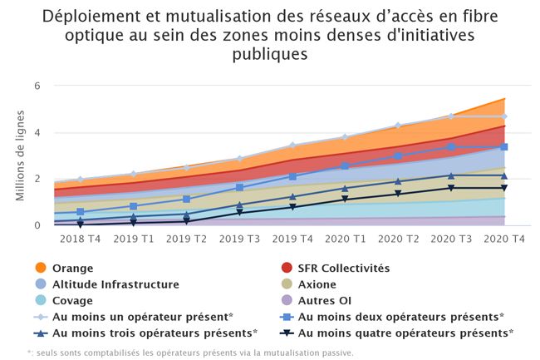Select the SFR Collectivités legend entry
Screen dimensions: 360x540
pyautogui.click(x=342, y=268)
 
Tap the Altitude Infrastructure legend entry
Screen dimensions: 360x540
pyautogui.click(x=115, y=284)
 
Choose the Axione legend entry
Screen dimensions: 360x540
pyautogui.click(x=318, y=284)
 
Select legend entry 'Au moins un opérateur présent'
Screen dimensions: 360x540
pyautogui.click(x=141, y=317)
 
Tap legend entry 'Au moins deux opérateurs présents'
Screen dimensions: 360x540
pyautogui.click(x=400, y=317)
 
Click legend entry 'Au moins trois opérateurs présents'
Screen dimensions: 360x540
pyautogui.click(x=153, y=333)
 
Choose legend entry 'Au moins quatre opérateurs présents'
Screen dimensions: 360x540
pyautogui.click(x=405, y=333)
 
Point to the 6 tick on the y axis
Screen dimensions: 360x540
pyautogui.click(x=37, y=86)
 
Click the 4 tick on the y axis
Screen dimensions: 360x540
pyautogui.click(x=37, y=132)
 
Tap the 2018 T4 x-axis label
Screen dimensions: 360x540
pyautogui.click(x=81, y=238)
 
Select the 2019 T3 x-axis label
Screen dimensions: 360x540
pyautogui.click(x=239, y=238)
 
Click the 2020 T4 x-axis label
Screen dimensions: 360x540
pyautogui.click(x=503, y=238)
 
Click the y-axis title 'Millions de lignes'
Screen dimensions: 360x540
pyautogui.click(x=19, y=155)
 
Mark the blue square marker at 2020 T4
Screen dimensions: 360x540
pyautogui.click(x=504, y=146)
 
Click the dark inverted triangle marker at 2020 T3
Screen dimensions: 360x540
pyautogui.click(x=451, y=188)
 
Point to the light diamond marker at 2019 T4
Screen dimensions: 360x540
pyautogui.click(x=292, y=145)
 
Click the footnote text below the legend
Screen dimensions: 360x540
pyautogui.click(x=190, y=353)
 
